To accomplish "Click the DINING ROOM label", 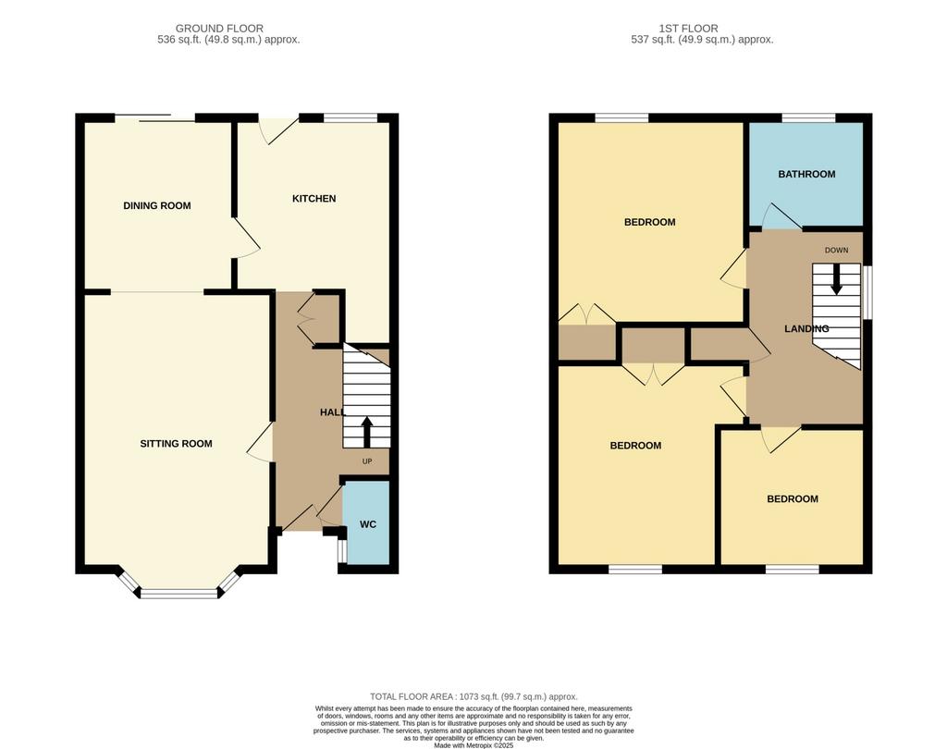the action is click(x=157, y=205).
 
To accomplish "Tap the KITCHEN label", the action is click(x=314, y=198).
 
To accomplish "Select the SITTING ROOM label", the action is click(x=176, y=443).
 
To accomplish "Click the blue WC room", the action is click(x=366, y=523).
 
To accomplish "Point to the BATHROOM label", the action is click(x=806, y=174).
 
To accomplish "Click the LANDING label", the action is click(x=806, y=328).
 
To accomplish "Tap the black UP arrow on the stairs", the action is click(x=366, y=431).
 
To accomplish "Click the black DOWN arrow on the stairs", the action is click(x=836, y=279).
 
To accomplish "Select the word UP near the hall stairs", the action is click(x=366, y=461).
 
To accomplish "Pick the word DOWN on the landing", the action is click(x=836, y=250).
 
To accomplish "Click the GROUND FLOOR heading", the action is click(x=219, y=29).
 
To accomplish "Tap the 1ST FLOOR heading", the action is click(x=688, y=29).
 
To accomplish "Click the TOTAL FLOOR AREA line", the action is click(x=473, y=696).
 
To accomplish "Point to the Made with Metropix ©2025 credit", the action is click(x=473, y=745).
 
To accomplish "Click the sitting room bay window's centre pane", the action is click(x=178, y=593).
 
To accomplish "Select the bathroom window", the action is click(x=808, y=117).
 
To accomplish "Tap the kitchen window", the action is click(x=351, y=117).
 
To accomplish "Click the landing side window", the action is click(x=867, y=292).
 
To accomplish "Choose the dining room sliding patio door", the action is click(x=154, y=117).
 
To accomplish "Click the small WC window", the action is click(x=341, y=551).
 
